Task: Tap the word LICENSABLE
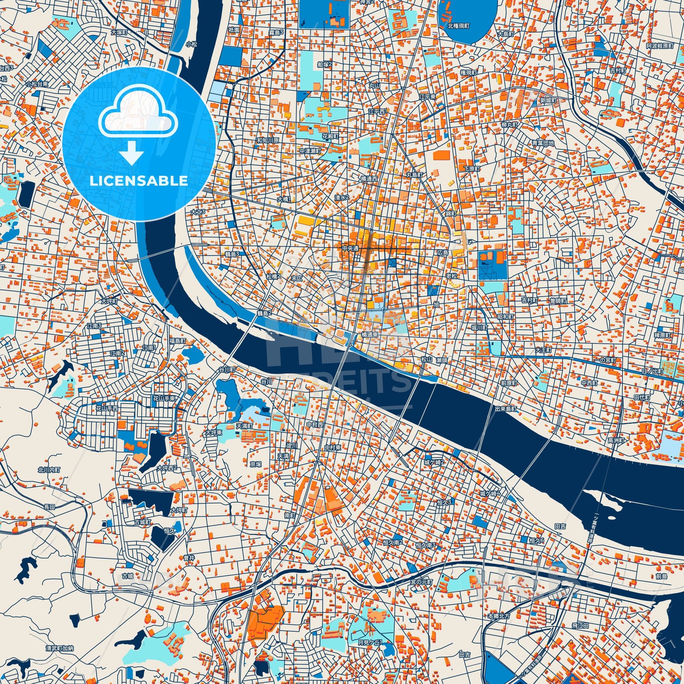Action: tap(139, 181)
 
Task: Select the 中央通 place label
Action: tap(350, 249)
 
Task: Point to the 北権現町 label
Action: tap(458, 26)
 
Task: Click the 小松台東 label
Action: tap(37, 84)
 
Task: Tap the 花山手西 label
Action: tap(107, 408)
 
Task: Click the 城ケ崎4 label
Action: tap(490, 493)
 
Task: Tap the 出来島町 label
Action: tap(506, 408)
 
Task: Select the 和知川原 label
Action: tap(267, 140)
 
